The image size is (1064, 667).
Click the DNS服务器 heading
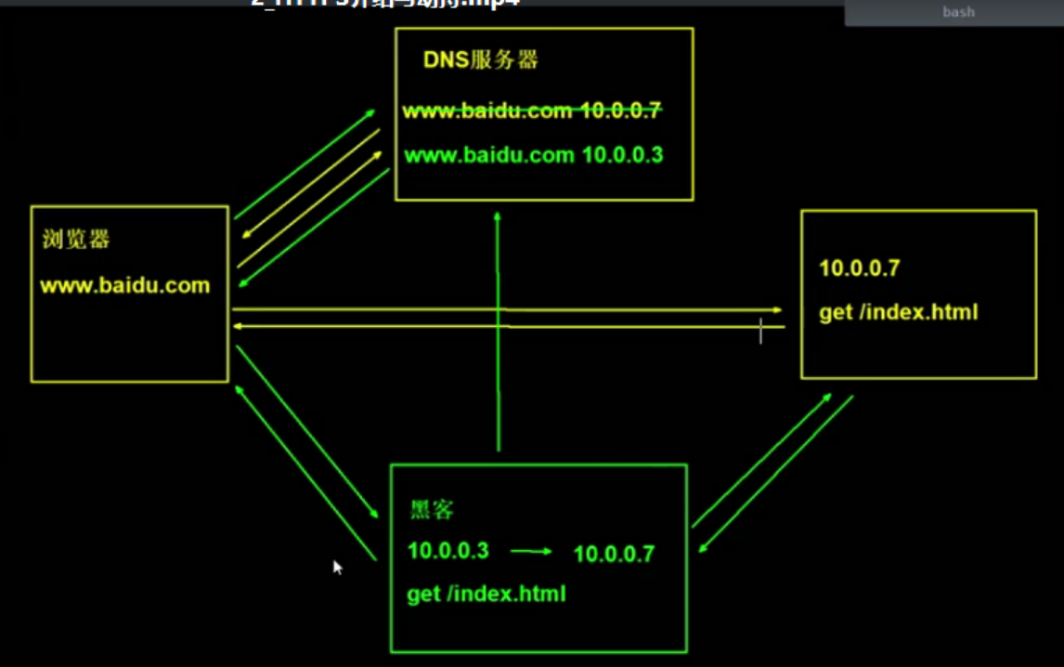coord(481,61)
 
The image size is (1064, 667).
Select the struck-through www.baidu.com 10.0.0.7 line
coord(531,111)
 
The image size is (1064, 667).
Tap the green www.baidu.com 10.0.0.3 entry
coord(534,155)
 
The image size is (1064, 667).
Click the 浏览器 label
coord(76,240)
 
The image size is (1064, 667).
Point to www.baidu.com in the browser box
coord(124,285)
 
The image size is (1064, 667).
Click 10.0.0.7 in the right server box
coord(859,268)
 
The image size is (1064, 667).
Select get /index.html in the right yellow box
coord(898,312)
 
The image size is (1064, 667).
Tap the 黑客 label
coord(432,510)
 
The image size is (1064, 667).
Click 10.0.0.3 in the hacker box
coord(448,551)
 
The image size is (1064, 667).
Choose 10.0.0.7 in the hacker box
coord(614,555)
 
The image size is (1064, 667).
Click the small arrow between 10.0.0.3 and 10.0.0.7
coord(531,552)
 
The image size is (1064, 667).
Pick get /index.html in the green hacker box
coord(486,594)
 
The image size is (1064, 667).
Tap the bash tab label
coord(958,13)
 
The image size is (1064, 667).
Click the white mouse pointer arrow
coord(338,567)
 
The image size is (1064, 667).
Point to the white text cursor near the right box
coord(760,331)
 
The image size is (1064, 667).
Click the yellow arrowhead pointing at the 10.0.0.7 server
coord(776,310)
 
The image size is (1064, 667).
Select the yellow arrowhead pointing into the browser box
coord(239,326)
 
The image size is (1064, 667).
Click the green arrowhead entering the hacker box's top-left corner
coord(373,514)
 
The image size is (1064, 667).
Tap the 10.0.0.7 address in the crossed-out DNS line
coord(620,111)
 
